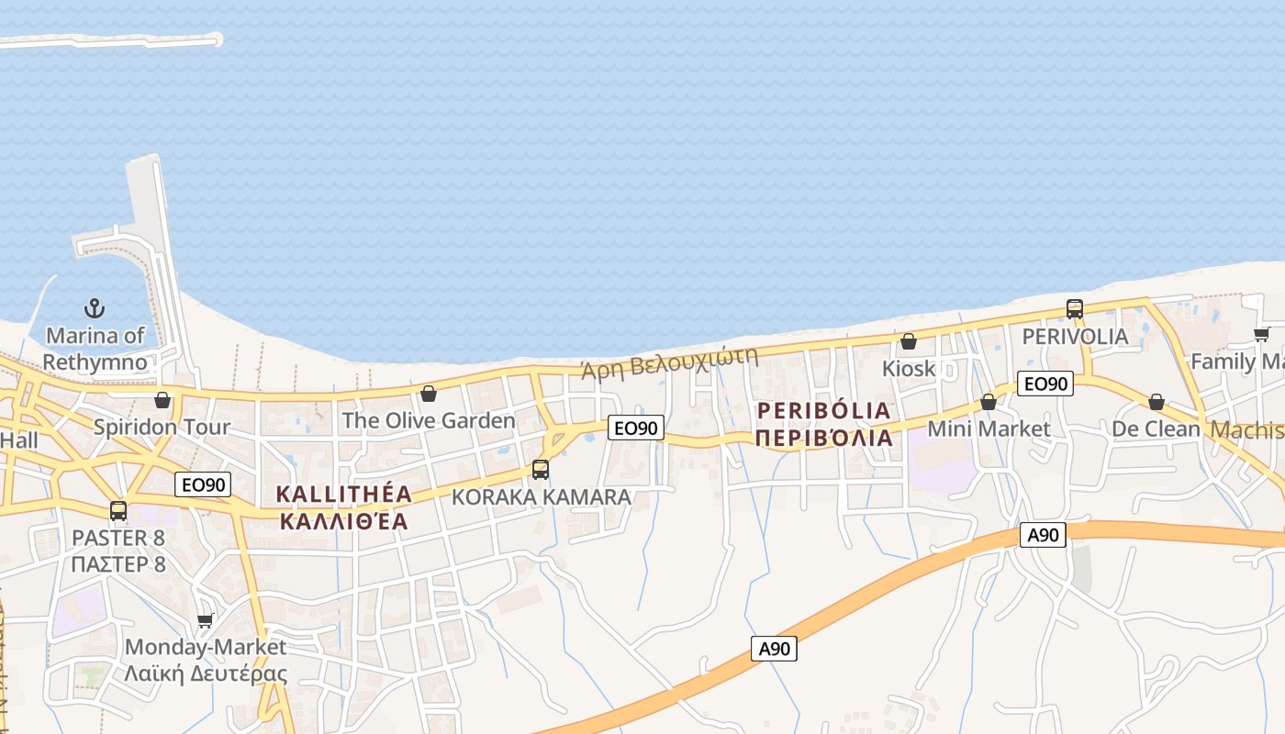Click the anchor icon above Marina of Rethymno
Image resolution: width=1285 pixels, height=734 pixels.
tap(95, 308)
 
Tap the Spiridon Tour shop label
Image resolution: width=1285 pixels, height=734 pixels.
tap(162, 427)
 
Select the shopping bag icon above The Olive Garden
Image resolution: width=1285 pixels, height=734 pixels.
tap(428, 394)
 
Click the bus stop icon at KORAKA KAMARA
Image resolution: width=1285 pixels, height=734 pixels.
tap(541, 470)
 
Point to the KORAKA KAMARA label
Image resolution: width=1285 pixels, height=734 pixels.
tap(542, 497)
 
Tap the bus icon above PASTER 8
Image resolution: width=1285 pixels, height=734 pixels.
tap(118, 511)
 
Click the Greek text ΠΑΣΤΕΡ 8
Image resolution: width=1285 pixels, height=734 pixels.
tap(118, 563)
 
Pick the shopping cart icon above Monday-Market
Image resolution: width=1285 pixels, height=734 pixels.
tap(206, 620)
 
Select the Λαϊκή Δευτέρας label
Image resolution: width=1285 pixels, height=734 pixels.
tap(206, 673)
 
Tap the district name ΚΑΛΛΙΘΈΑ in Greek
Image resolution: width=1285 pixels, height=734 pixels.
tap(343, 521)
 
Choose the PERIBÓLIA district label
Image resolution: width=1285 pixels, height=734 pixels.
tap(823, 410)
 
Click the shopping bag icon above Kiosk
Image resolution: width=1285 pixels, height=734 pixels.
tap(909, 341)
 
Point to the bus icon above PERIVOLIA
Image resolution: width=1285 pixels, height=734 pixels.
tap(1075, 309)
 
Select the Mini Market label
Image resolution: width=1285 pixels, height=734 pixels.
tap(989, 428)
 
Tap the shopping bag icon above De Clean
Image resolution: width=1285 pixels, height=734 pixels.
tap(1156, 402)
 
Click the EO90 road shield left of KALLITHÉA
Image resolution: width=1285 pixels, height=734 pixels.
tap(203, 484)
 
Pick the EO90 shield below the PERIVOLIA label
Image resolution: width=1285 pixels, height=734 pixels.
tap(1045, 384)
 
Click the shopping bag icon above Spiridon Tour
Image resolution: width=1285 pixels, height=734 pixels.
tap(162, 400)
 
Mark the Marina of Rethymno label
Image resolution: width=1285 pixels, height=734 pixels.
tap(95, 349)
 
